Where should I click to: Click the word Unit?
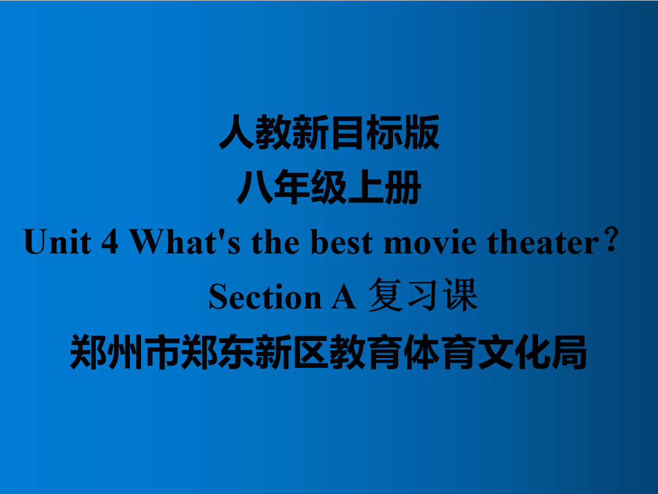click(58, 242)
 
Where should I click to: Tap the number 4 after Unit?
click(110, 242)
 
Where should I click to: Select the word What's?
click(185, 242)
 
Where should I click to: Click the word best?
click(342, 242)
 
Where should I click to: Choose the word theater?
click(543, 242)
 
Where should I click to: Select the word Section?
click(265, 296)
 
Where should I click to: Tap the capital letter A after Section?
click(344, 296)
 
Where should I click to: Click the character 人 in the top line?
click(237, 132)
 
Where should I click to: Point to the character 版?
click(421, 132)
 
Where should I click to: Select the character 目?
click(347, 132)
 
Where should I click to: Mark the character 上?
click(366, 187)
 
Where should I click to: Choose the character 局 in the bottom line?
click(569, 352)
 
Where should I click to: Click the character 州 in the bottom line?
click(125, 352)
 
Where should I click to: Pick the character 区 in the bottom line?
click(310, 352)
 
